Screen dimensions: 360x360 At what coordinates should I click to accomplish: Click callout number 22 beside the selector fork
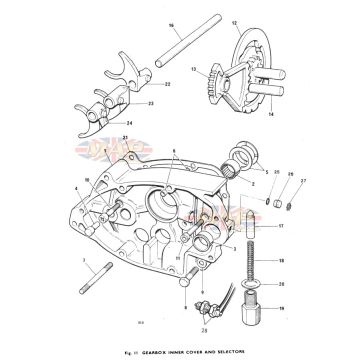[x=166, y=84]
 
